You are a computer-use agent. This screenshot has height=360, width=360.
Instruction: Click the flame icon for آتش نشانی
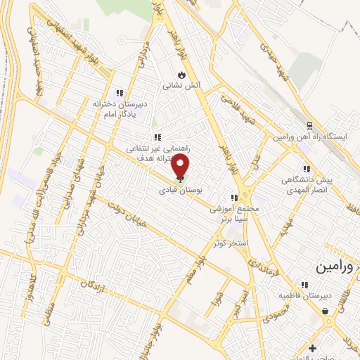click(x=182, y=74)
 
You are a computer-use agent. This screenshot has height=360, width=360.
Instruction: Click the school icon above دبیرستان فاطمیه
click(x=304, y=285)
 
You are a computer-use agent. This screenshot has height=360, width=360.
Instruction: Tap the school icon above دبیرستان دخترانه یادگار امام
click(x=120, y=92)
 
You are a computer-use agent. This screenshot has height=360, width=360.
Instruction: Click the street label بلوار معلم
click(x=190, y=271)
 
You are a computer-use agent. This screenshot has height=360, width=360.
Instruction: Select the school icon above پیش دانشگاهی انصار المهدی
click(x=306, y=169)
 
